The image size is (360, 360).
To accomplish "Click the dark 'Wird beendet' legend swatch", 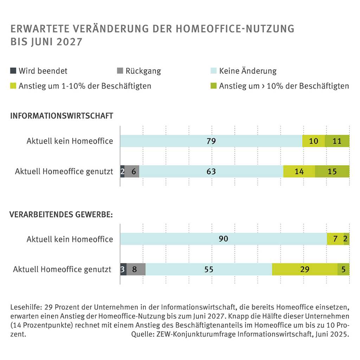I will pyautogui.click(x=13, y=71).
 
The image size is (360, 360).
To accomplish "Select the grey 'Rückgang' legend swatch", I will pyautogui.click(x=120, y=71).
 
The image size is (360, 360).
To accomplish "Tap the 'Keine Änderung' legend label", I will pyautogui.click(x=247, y=71).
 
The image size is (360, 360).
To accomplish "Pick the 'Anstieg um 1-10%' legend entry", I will pyautogui.click(x=85, y=86).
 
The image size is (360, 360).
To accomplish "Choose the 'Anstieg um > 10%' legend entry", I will pyautogui.click(x=284, y=86).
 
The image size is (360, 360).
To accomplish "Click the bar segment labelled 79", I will pyautogui.click(x=211, y=141).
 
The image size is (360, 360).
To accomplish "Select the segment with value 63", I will pyautogui.click(x=211, y=172).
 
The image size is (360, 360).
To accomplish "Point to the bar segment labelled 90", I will pyautogui.click(x=223, y=239).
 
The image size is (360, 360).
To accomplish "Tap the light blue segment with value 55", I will pyautogui.click(x=208, y=270).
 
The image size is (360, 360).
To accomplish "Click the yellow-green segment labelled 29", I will pyautogui.click(x=304, y=270).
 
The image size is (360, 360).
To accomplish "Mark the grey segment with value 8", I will pyautogui.click(x=136, y=270).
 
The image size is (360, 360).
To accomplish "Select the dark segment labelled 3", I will pyautogui.click(x=123, y=270).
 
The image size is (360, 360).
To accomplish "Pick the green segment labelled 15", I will pyautogui.click(x=332, y=172).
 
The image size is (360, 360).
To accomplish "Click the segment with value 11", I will pyautogui.click(x=337, y=141).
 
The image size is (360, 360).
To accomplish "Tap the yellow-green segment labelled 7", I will pyautogui.click(x=335, y=239).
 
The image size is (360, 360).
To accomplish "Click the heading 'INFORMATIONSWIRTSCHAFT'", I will pyautogui.click(x=62, y=116).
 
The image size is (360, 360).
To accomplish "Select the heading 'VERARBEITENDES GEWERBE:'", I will pyautogui.click(x=61, y=214).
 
